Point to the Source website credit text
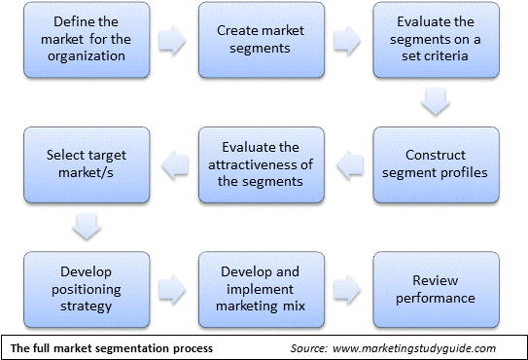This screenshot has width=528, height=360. tap(394, 348)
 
